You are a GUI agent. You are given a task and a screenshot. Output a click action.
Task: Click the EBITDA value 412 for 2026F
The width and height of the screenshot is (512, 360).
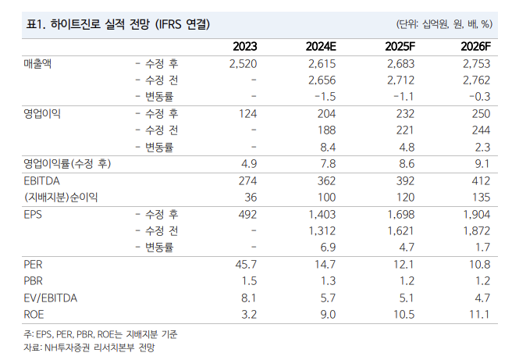point(478,181)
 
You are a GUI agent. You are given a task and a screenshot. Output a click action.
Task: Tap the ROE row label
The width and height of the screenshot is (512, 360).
point(34,314)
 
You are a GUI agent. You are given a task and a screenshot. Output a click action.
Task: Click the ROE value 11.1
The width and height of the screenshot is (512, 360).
point(479,314)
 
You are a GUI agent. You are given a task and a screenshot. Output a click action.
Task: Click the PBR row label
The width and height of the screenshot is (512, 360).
point(34,281)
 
